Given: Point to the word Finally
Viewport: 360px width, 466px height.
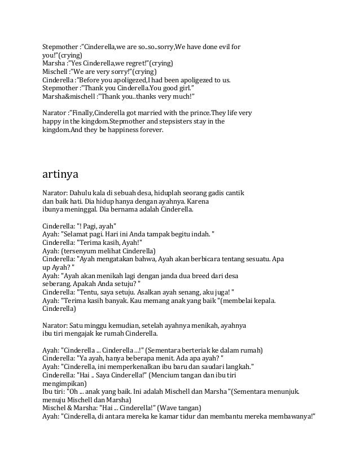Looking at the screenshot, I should click(x=87, y=113).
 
